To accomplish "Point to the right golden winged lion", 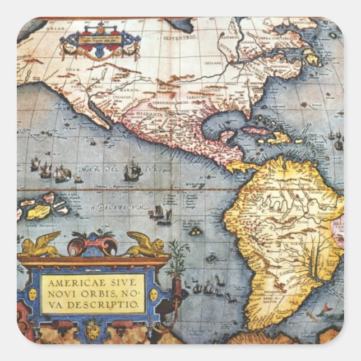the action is coord(145,244).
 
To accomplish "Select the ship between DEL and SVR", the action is coord(132,169).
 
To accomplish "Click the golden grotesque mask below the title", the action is coord(92,331).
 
